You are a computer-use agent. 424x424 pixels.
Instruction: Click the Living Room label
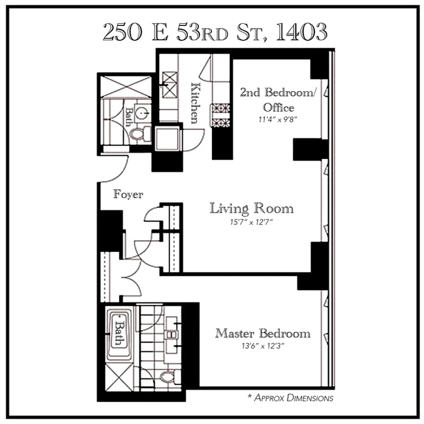[251, 208]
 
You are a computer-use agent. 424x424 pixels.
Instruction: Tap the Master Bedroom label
[262, 333]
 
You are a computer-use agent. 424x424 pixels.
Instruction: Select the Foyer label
[128, 194]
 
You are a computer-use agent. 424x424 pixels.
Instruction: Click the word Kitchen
[196, 103]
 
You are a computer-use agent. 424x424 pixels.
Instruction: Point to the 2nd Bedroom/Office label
[278, 100]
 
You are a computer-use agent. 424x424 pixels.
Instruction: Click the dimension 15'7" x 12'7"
[251, 222]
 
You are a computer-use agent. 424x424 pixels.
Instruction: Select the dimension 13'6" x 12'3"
[263, 346]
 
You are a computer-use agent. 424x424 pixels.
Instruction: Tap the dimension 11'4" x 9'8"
[278, 119]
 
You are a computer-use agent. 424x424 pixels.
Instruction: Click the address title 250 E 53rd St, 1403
[215, 32]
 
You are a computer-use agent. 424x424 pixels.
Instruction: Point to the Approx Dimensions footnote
[290, 398]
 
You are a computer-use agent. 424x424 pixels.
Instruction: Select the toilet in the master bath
[170, 377]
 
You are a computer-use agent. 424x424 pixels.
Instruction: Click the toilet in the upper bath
[140, 134]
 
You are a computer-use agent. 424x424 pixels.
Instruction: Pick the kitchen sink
[170, 85]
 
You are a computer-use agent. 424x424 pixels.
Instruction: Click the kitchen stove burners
[220, 116]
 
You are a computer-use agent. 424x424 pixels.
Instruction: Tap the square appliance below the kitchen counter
[167, 139]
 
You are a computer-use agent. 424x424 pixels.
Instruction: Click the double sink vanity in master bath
[172, 335]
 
